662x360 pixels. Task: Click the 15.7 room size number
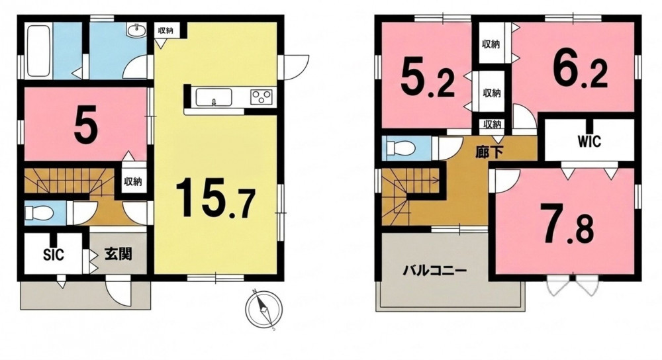coord(215,197)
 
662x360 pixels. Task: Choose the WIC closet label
coord(589,142)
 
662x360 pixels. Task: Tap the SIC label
coord(54,255)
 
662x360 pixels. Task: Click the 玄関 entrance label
coord(118,254)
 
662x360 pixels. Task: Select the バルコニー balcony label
coord(434,270)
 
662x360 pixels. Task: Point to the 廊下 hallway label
coord(489,152)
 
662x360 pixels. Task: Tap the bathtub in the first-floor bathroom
coord(39,51)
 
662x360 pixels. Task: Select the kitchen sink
coord(214,97)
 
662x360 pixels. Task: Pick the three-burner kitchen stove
coord(261,97)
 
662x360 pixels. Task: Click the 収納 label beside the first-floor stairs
coord(132,182)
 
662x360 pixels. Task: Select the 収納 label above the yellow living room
coord(166,30)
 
